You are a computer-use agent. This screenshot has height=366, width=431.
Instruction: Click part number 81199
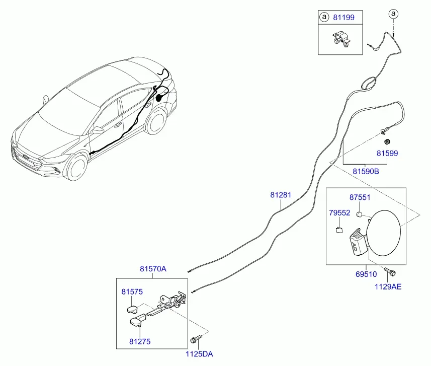pos(343,17)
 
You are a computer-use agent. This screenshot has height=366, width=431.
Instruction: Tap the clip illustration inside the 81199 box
pos(341,39)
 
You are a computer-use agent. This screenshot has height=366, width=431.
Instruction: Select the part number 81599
pos(387,153)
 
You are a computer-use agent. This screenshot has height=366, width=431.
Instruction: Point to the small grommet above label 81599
pos(387,142)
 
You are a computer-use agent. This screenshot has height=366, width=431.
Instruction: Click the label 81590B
pos(366,172)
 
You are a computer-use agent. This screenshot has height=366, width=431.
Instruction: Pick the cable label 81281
pos(280,195)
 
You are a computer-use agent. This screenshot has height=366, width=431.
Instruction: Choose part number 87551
pos(360,197)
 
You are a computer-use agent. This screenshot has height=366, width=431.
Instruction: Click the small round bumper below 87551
pos(359,214)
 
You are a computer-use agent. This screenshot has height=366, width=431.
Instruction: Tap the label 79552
pos(339,213)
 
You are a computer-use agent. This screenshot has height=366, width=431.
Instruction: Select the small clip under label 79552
pos(339,230)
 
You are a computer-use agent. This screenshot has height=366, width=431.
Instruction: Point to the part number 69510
pos(366,274)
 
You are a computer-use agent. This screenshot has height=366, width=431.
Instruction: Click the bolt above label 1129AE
pos(390,272)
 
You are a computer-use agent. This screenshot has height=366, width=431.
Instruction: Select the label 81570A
pos(153,268)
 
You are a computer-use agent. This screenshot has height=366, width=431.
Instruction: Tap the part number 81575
pos(132,291)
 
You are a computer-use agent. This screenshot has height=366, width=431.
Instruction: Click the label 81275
pos(140,341)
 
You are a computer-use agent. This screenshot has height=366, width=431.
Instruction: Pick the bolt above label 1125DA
pos(196,339)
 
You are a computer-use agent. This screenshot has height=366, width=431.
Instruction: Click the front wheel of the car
pos(76,167)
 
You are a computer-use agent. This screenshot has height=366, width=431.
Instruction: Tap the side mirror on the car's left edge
pos(45,100)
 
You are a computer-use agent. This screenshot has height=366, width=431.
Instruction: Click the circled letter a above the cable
pos(394,14)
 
